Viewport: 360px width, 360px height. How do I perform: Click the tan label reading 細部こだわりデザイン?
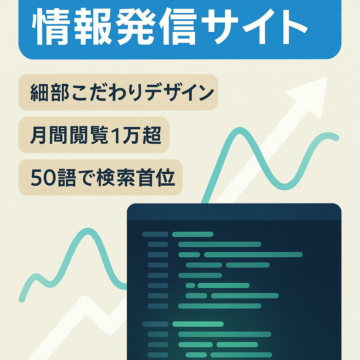pyautogui.click(x=118, y=92)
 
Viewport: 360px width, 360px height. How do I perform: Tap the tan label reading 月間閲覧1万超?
pyautogui.click(x=94, y=135)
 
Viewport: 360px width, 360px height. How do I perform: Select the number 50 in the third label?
pyautogui.click(x=41, y=178)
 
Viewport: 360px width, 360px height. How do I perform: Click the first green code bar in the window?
pyautogui.click(x=193, y=234)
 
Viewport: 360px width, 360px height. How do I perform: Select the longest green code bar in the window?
pyautogui.click(x=253, y=255)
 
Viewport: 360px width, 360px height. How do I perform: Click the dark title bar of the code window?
pyautogui.click(x=234, y=212)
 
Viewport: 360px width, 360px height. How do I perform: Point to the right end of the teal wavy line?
pyautogui.click(x=335, y=138)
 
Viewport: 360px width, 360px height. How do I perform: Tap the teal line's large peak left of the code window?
pyautogui.click(x=85, y=232)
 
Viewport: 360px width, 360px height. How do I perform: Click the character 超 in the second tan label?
pyautogui.click(x=153, y=135)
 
